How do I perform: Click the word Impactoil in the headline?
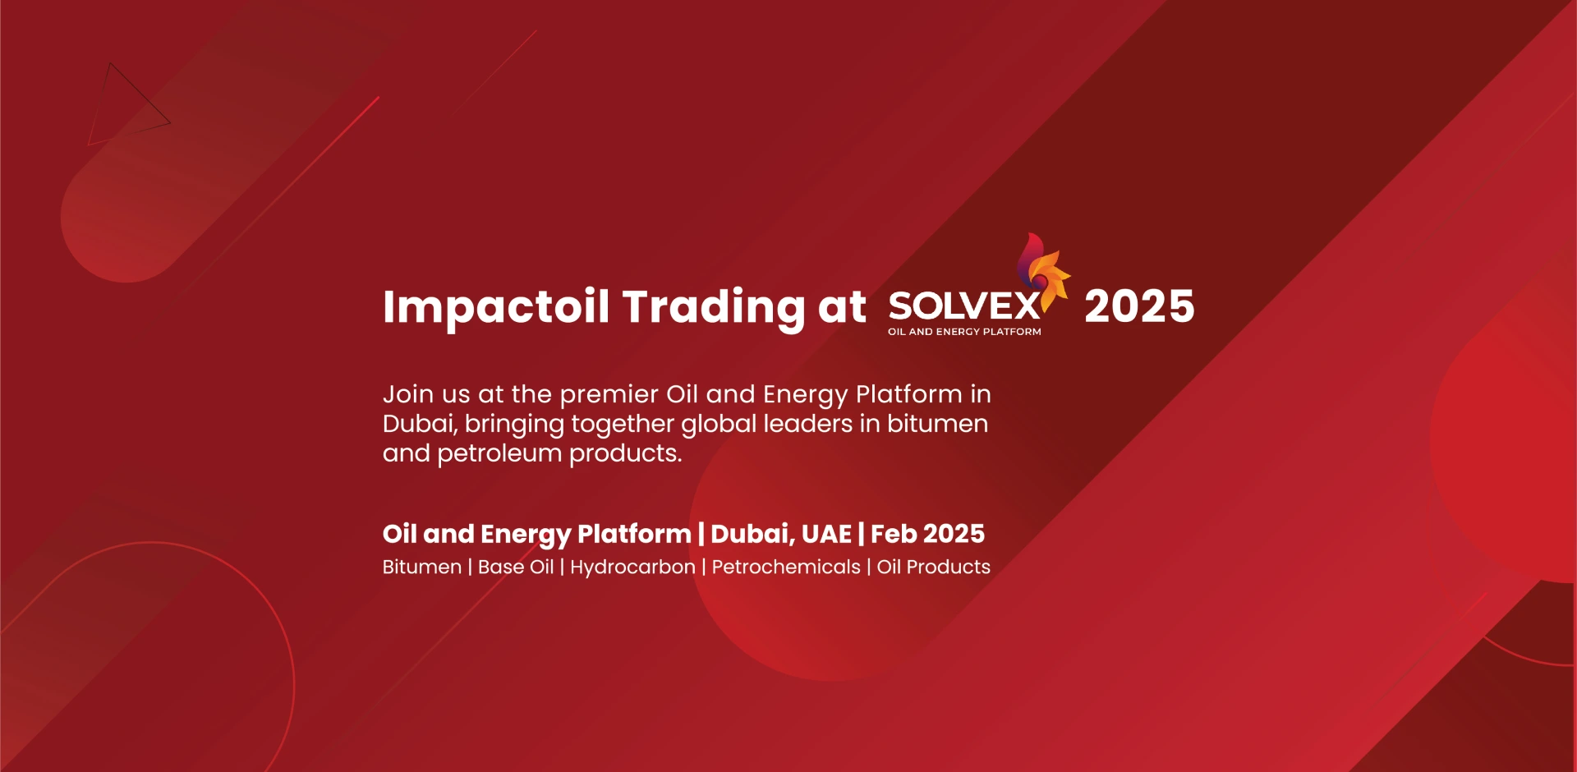click(496, 308)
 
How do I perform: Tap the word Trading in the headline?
click(713, 308)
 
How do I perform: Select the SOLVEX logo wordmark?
click(964, 306)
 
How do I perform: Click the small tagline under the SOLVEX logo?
click(964, 332)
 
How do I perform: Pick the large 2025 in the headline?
click(1139, 306)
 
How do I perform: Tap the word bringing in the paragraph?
click(514, 425)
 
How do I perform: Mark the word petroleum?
click(499, 454)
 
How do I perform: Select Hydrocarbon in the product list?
click(632, 568)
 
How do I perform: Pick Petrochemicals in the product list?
click(786, 567)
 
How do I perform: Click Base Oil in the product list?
click(516, 567)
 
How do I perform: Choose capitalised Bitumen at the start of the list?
click(422, 567)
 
